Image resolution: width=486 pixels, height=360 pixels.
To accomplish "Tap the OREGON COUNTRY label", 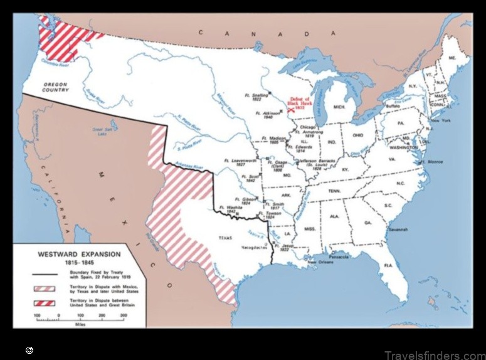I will pyautogui.click(x=55, y=87).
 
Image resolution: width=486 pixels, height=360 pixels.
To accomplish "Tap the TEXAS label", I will pyautogui.click(x=225, y=238).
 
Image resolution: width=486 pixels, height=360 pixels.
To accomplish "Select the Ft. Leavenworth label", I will pyautogui.click(x=238, y=162).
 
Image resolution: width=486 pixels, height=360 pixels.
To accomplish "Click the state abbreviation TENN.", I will pyautogui.click(x=334, y=191).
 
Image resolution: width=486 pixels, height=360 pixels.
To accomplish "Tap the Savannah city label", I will pyautogui.click(x=398, y=230).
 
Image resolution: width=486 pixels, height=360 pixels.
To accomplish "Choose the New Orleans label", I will pyautogui.click(x=320, y=262).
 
